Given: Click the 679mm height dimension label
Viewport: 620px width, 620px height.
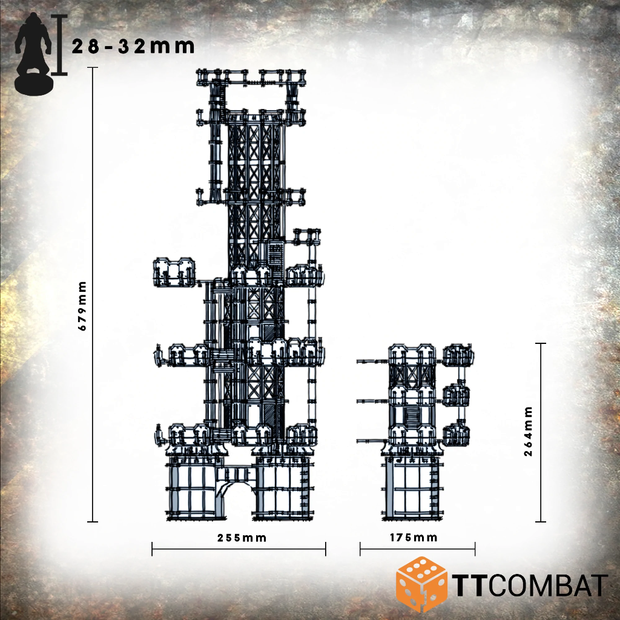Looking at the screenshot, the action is click(x=82, y=306).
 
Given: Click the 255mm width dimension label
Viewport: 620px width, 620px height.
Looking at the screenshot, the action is click(x=242, y=538).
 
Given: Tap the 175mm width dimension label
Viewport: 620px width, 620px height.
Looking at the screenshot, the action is click(x=414, y=538).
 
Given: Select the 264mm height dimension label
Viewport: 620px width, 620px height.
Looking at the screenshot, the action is click(x=528, y=431).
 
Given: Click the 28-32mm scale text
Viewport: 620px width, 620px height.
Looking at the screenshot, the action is click(x=133, y=47).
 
